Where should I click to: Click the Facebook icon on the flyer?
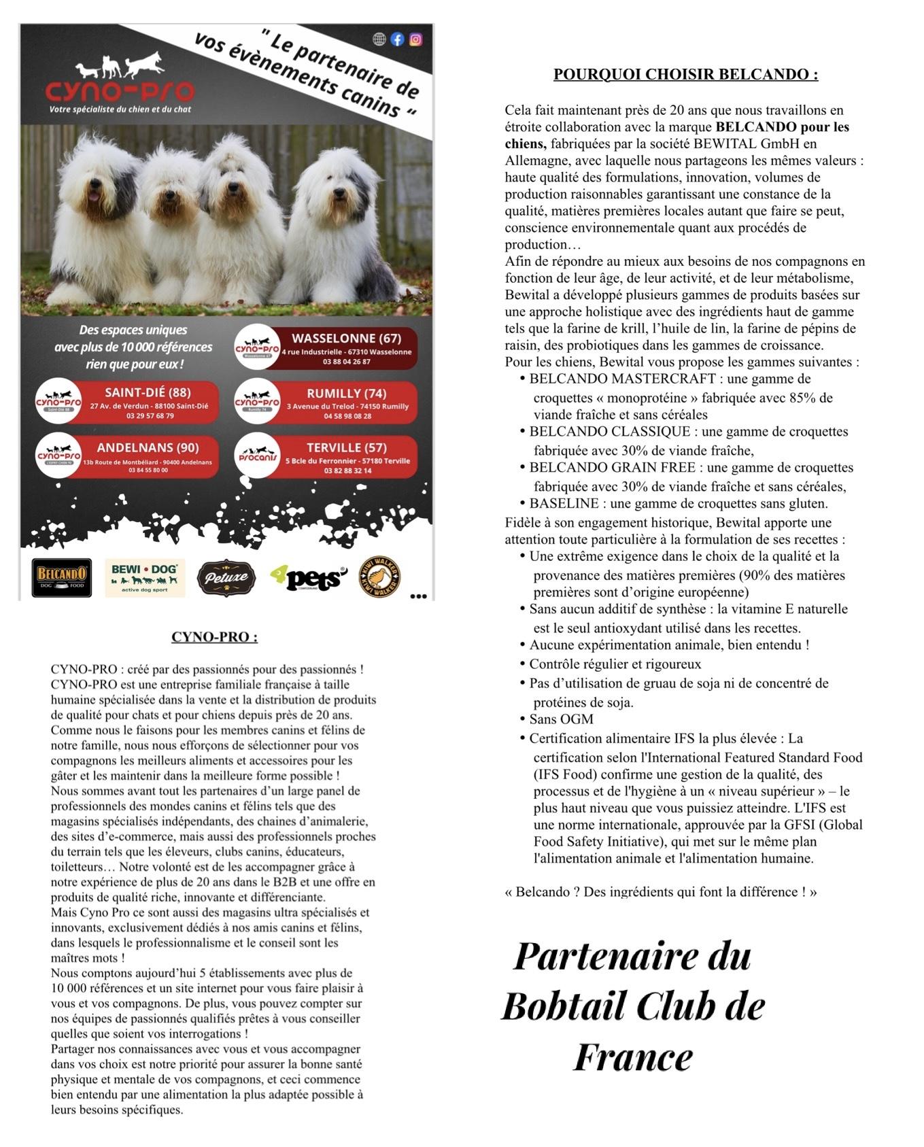tap(397, 39)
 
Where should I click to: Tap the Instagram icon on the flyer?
tap(415, 39)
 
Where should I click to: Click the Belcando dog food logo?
tap(62, 577)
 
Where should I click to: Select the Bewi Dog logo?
tap(145, 577)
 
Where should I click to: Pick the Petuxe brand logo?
tap(226, 578)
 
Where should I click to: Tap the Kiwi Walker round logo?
tap(379, 577)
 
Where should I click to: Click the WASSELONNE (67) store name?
tap(346, 338)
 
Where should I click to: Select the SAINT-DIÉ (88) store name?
tap(148, 392)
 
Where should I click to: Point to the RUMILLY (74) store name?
tap(346, 393)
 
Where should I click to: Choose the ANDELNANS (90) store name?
tap(148, 447)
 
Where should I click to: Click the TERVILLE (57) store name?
tap(346, 447)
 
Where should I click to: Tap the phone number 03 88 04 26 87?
tap(346, 362)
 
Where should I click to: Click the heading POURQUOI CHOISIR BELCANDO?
tap(685, 74)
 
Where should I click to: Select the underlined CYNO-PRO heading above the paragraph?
tap(214, 637)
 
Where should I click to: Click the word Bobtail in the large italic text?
tap(573, 1006)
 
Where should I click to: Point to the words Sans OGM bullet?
tap(561, 719)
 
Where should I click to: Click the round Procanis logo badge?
tap(258, 456)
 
